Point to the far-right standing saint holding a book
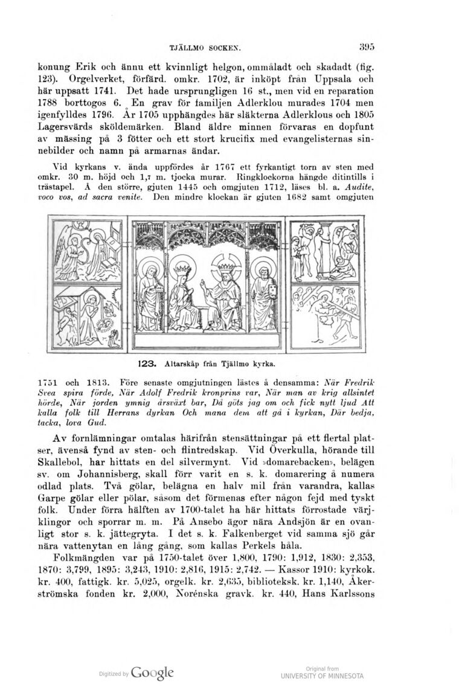pyautogui.click(x=263, y=290)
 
